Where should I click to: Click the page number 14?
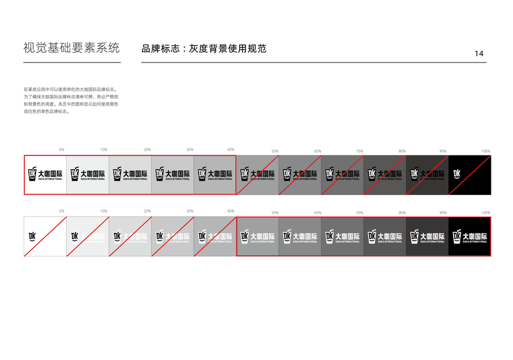click(479, 53)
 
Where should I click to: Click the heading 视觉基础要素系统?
click(71, 48)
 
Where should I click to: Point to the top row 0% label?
click(62, 149)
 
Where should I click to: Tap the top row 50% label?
click(275, 151)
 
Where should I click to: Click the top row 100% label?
click(485, 151)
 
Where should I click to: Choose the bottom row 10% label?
click(104, 211)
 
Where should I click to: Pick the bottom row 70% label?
click(359, 213)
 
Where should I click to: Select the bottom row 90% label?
click(443, 213)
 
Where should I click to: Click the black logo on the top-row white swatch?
click(45, 175)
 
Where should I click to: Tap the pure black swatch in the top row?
click(470, 175)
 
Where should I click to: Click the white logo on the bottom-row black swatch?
click(470, 238)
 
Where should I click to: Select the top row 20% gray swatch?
click(130, 175)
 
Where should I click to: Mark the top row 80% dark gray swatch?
click(385, 175)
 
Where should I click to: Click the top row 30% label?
click(190, 149)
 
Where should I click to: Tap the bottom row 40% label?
click(231, 211)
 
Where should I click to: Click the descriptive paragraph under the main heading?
click(70, 100)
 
